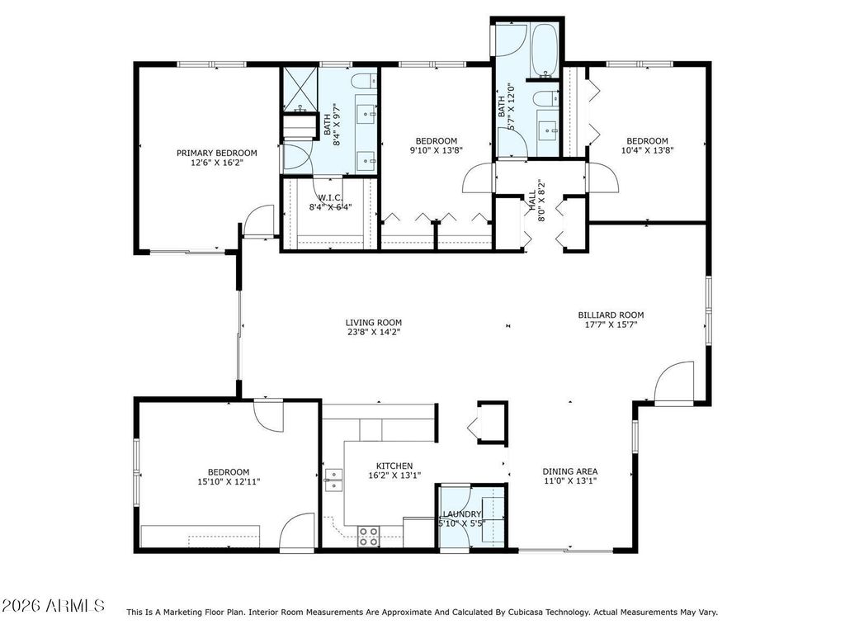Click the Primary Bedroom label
pyautogui.click(x=217, y=153)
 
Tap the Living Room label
pyautogui.click(x=374, y=323)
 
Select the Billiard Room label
pyautogui.click(x=611, y=315)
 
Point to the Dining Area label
pyautogui.click(x=569, y=471)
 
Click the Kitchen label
pyautogui.click(x=394, y=466)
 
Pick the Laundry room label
pyautogui.click(x=462, y=514)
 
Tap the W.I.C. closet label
pyautogui.click(x=330, y=198)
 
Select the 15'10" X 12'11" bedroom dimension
pyautogui.click(x=229, y=482)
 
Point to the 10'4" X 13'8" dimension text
pyautogui.click(x=647, y=151)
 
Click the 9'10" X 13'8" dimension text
pyautogui.click(x=437, y=151)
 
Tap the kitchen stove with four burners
pyautogui.click(x=369, y=537)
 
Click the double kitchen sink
pyautogui.click(x=333, y=480)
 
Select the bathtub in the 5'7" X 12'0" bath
pyautogui.click(x=546, y=51)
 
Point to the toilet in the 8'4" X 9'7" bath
pyautogui.click(x=364, y=81)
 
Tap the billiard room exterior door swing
pyautogui.click(x=673, y=381)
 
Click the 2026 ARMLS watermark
pyautogui.click(x=54, y=605)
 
